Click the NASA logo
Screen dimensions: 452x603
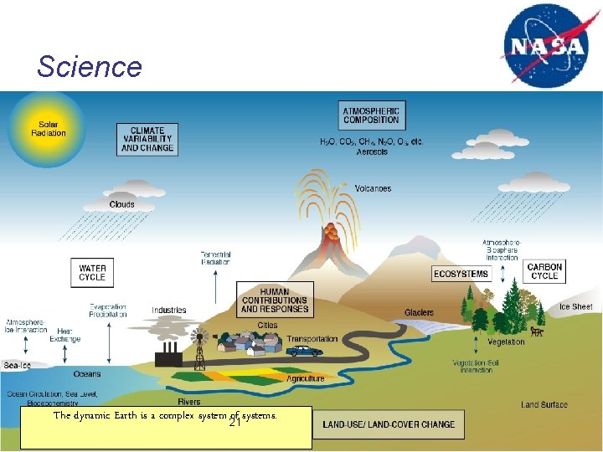tap(545, 44)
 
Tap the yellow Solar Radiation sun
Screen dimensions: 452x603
tap(48, 128)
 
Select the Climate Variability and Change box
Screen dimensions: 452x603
tap(147, 140)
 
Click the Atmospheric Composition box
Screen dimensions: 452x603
tap(371, 115)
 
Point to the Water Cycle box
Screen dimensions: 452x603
tap(92, 272)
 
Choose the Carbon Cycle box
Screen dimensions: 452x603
tap(544, 271)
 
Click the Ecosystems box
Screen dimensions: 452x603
tap(461, 274)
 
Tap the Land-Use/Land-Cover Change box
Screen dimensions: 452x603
tap(389, 424)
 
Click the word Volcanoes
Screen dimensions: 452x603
tap(373, 188)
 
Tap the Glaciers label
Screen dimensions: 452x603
tap(419, 312)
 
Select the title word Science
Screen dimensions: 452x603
tap(90, 66)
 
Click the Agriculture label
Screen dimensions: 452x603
tap(305, 378)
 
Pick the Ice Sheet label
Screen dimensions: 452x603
tap(576, 307)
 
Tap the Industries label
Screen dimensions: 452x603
tap(169, 311)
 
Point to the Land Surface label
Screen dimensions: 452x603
tap(544, 405)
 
